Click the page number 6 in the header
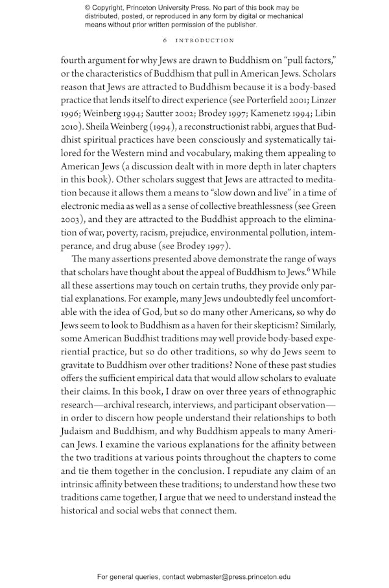point(166,40)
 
